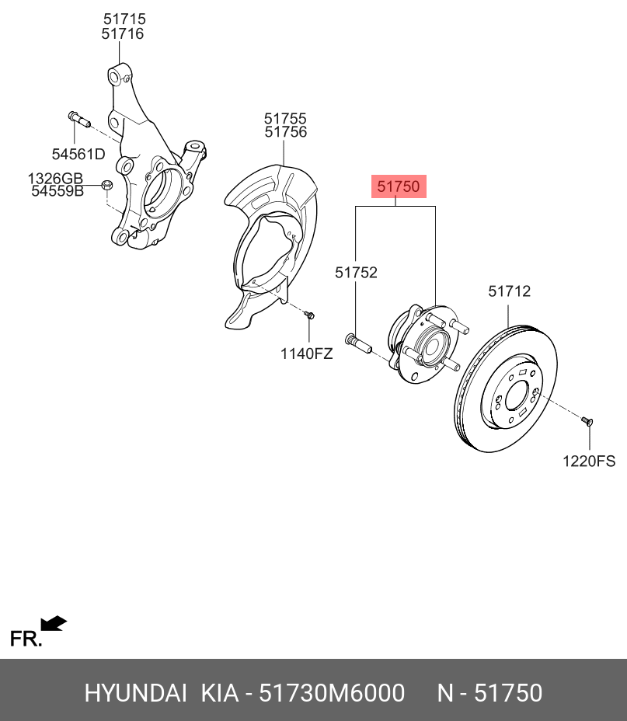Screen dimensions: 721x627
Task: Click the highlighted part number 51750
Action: click(399, 186)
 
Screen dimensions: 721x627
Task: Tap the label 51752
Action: click(356, 272)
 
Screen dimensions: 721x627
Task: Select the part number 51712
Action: click(509, 291)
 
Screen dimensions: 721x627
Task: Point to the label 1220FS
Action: click(589, 461)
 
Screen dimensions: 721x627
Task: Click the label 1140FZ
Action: click(307, 354)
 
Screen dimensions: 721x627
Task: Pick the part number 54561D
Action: click(78, 154)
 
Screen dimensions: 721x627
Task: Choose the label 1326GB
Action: click(55, 178)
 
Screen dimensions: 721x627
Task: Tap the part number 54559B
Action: click(57, 190)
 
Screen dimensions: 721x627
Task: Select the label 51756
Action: click(285, 132)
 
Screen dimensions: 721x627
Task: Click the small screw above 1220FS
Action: click(587, 421)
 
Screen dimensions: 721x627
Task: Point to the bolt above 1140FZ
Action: click(309, 315)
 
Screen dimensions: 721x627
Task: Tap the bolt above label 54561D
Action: click(78, 120)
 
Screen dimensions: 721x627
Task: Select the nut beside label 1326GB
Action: click(107, 185)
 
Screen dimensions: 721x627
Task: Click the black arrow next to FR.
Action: click(54, 623)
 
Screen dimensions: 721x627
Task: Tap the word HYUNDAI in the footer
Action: click(135, 693)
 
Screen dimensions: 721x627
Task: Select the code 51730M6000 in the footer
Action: click(332, 693)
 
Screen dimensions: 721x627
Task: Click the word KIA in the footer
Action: click(219, 693)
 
